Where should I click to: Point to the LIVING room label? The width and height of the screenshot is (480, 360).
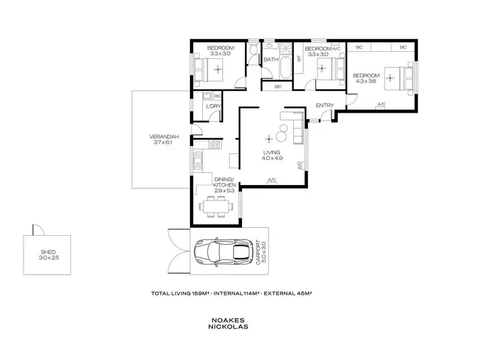[272, 152]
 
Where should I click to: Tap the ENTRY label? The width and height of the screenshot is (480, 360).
[324, 106]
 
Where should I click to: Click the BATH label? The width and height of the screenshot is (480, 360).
[271, 60]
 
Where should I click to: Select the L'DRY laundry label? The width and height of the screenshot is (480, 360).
[212, 106]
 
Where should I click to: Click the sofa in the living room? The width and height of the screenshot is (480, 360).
[297, 127]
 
